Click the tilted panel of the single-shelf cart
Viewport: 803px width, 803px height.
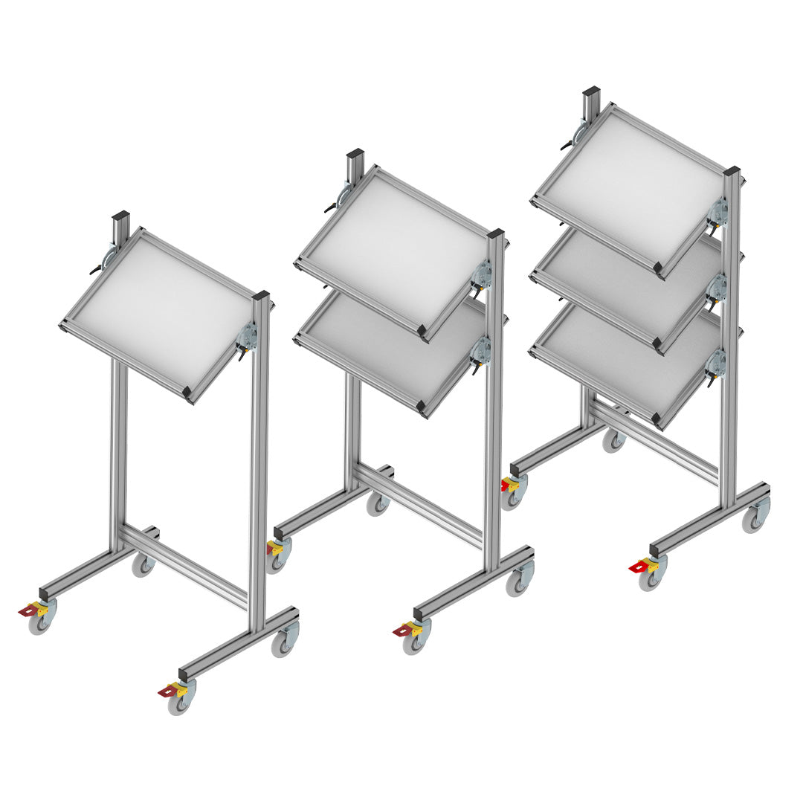pos(160,312)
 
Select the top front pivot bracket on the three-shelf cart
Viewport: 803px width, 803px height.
pos(717,212)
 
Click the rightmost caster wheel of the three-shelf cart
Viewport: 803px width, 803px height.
pos(754,520)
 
